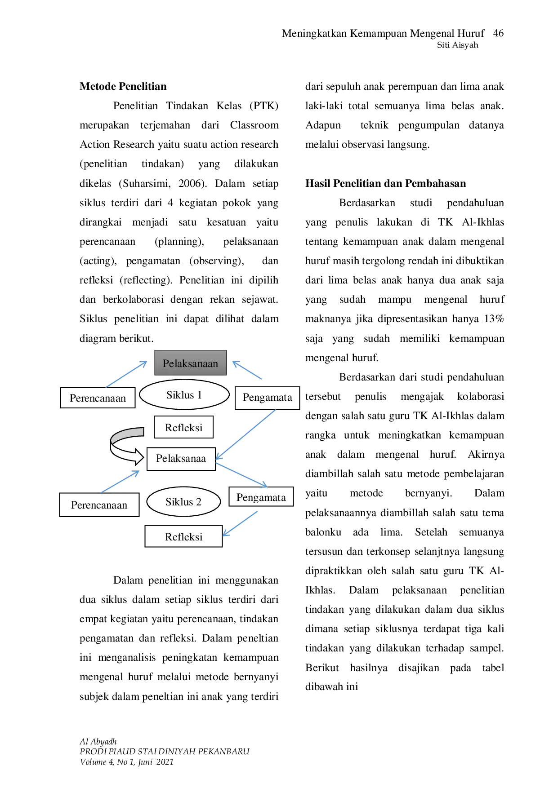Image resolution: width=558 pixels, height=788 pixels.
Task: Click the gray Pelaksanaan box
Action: [190, 363]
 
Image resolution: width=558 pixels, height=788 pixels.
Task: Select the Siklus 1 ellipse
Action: [184, 395]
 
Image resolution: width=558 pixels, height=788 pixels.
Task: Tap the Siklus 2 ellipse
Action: [183, 502]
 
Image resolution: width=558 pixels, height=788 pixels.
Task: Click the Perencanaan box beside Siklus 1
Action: [98, 398]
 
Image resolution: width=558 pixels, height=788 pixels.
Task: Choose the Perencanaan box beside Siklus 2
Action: [99, 505]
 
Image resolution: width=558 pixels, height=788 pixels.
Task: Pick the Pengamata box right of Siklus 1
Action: [267, 397]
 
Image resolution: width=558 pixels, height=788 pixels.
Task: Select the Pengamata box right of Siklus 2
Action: [261, 497]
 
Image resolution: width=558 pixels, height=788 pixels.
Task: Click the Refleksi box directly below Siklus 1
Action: [183, 427]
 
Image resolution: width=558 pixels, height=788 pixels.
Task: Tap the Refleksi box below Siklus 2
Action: [183, 537]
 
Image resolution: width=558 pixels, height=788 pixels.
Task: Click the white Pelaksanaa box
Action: [181, 458]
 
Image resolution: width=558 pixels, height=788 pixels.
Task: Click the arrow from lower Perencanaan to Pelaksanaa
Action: [121, 480]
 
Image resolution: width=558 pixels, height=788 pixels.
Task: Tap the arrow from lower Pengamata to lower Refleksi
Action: [241, 523]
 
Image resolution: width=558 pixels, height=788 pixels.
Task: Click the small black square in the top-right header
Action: [498, 34]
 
